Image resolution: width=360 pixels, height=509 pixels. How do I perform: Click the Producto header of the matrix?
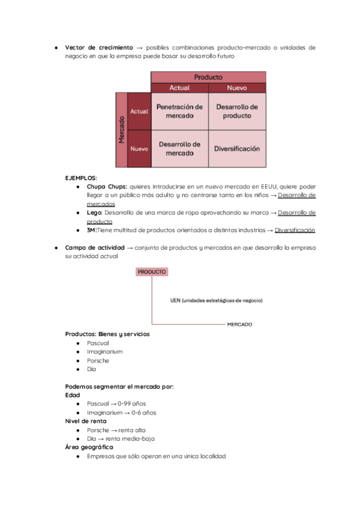pyautogui.click(x=208, y=77)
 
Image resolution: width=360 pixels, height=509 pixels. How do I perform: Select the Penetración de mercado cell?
pyautogui.click(x=179, y=111)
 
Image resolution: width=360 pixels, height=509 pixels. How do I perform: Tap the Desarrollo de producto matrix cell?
pyautogui.click(x=237, y=111)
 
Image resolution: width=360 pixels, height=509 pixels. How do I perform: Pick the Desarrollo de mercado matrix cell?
pyautogui.click(x=179, y=148)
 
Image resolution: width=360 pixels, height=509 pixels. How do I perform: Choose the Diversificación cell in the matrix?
pyautogui.click(x=237, y=148)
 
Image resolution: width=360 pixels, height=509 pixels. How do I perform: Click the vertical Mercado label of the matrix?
pyautogui.click(x=121, y=130)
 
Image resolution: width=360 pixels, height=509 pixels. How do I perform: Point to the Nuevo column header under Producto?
pyautogui.click(x=237, y=88)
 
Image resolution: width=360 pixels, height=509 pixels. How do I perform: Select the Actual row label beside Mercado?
pyautogui.click(x=139, y=112)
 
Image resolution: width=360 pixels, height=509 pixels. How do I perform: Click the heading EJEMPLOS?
pyautogui.click(x=81, y=178)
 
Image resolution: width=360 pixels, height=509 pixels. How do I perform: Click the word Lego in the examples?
pyautogui.click(x=93, y=212)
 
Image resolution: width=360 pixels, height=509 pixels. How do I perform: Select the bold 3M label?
pyautogui.click(x=91, y=230)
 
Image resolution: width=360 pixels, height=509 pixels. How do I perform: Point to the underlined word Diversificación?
pyautogui.click(x=295, y=230)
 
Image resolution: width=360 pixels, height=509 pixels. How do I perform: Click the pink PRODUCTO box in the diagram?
pyautogui.click(x=152, y=272)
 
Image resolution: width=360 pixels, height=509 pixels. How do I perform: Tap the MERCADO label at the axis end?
pyautogui.click(x=239, y=324)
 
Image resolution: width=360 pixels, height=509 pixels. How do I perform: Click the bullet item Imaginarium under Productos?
pyautogui.click(x=104, y=352)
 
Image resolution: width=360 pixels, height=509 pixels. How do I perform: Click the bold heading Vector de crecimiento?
pyautogui.click(x=99, y=47)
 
